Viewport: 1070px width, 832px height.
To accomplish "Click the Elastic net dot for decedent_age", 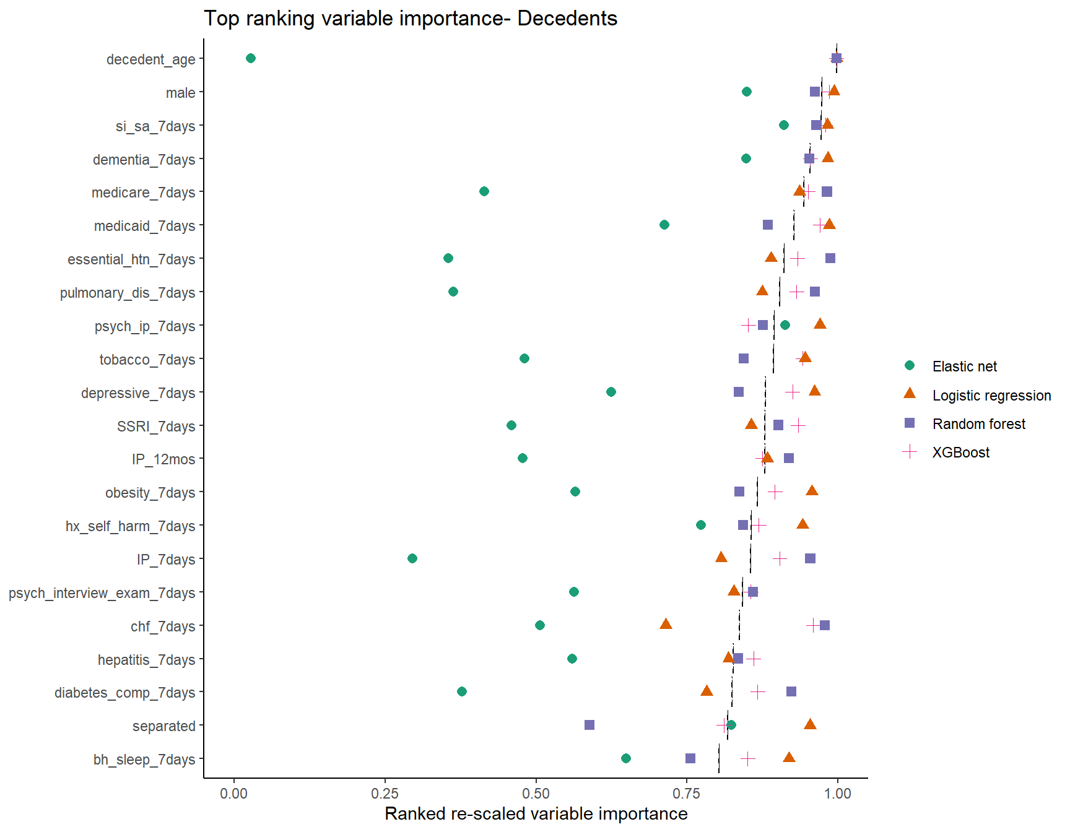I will tap(251, 58).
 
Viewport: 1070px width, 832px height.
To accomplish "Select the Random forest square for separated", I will tap(589, 725).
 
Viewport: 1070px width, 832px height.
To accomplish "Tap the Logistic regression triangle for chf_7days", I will tap(666, 624).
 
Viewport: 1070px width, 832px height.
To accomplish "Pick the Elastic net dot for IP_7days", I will tap(412, 558).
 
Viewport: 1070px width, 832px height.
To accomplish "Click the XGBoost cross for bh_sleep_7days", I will tap(748, 758).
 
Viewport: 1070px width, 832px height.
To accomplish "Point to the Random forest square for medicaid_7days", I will tap(768, 225).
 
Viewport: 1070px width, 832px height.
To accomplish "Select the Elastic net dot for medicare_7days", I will tap(484, 191).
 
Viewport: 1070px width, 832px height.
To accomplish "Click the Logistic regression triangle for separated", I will tap(810, 724).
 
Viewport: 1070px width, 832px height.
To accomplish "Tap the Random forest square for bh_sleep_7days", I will tap(690, 758).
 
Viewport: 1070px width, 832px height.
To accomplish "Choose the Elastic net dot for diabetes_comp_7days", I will tap(462, 691).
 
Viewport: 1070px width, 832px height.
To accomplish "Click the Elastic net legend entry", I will tap(964, 366).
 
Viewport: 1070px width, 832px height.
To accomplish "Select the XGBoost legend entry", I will tap(960, 453).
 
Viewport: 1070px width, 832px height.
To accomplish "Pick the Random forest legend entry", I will tap(978, 424).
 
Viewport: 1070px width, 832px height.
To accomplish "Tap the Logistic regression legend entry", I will tap(991, 396).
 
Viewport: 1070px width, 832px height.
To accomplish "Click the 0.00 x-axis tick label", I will tap(234, 794).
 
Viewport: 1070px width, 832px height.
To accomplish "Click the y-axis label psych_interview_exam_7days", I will tap(102, 593).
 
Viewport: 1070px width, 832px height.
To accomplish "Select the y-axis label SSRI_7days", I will tap(156, 427).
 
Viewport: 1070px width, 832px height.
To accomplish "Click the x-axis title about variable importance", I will tap(536, 813).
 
